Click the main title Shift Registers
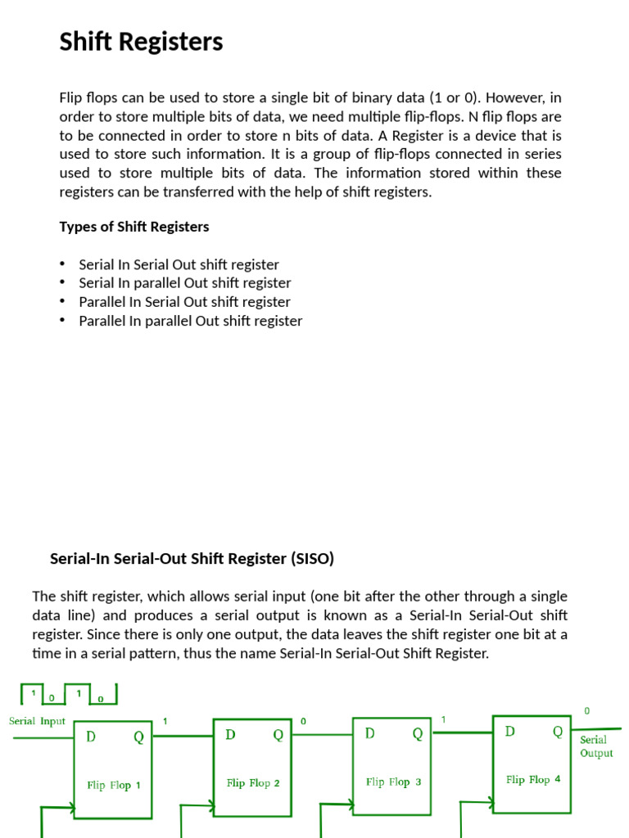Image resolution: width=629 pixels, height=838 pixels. click(141, 42)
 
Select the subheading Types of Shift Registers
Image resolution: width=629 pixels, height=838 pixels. click(133, 227)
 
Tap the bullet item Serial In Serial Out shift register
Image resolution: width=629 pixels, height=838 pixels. click(179, 265)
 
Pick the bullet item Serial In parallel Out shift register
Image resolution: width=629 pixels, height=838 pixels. click(184, 283)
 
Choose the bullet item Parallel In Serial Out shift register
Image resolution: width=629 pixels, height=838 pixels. click(184, 302)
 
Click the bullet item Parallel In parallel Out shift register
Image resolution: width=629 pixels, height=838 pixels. click(190, 321)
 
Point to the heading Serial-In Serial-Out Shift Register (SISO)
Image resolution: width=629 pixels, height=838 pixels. click(192, 559)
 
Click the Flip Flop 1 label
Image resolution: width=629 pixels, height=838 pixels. click(114, 786)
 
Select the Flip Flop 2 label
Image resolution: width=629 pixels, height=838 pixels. click(253, 783)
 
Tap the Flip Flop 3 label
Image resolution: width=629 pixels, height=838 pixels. click(393, 782)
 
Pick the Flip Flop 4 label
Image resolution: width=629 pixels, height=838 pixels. click(533, 780)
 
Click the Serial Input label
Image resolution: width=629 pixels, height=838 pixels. click(37, 721)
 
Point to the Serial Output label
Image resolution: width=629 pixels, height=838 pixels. click(595, 746)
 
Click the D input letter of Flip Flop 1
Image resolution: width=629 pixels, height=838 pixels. click(91, 737)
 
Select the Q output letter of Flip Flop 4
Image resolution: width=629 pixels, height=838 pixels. click(558, 731)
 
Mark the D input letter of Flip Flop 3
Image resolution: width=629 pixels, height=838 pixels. click(370, 734)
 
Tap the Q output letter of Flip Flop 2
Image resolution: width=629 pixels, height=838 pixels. click(278, 735)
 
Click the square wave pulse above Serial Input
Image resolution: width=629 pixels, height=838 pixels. click(68, 695)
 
